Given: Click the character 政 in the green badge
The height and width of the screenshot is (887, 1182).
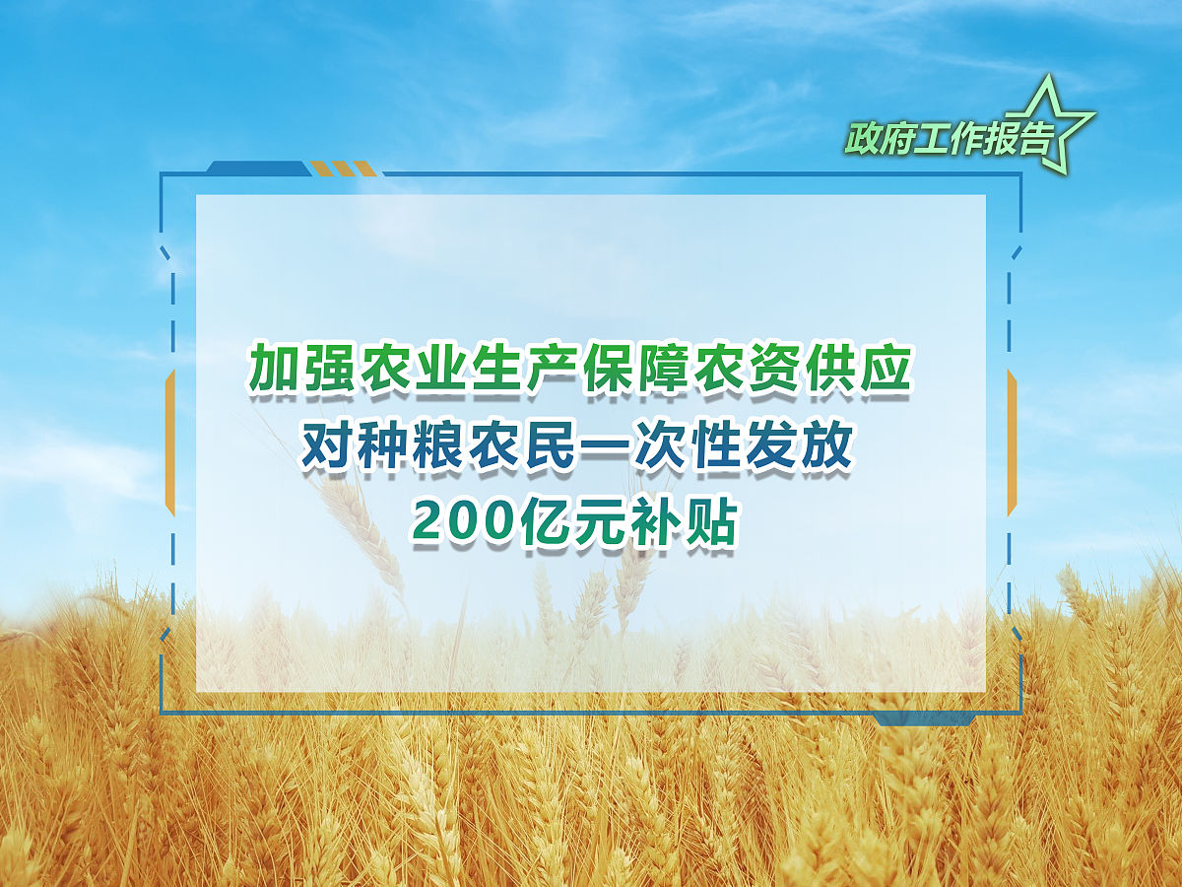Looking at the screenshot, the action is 863,139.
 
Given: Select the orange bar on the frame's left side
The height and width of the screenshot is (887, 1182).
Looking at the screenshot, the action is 170,443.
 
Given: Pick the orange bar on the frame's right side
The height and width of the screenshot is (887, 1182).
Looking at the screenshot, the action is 1012,443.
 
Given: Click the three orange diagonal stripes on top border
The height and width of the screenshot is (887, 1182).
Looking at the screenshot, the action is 344,168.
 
